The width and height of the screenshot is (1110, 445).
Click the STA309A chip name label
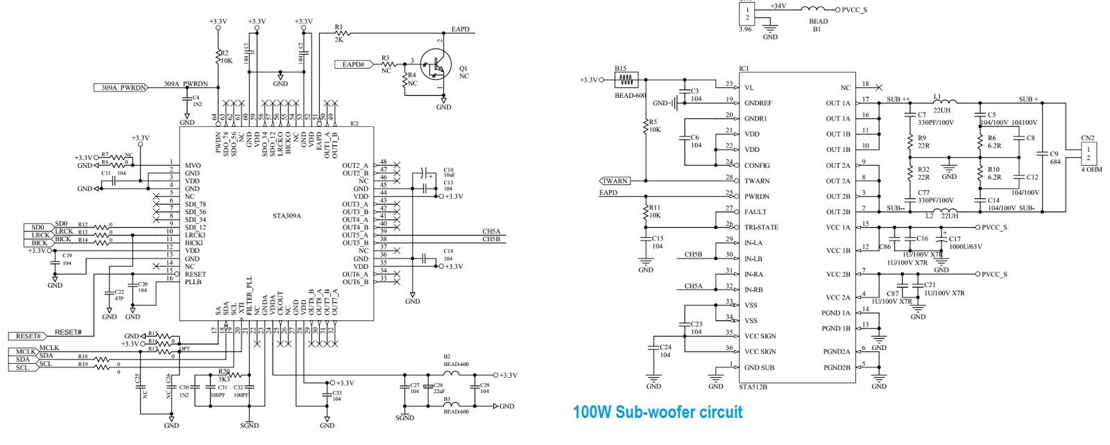[287, 216]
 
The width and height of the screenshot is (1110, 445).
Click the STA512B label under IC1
[753, 387]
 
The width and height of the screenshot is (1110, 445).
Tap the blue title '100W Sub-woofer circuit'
[657, 412]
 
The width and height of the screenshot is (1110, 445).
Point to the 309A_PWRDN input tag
[121, 87]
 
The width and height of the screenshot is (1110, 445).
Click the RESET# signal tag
[28, 336]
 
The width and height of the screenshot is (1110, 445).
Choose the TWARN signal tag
[615, 181]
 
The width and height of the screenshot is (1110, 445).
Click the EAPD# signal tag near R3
[354, 64]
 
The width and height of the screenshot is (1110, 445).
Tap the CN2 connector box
[1088, 154]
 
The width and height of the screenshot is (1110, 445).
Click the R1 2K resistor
[341, 33]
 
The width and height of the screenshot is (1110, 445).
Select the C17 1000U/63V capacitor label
[964, 243]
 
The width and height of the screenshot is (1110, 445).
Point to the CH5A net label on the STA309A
[490, 232]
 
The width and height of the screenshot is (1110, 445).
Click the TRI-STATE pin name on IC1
[761, 227]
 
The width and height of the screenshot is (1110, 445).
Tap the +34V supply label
[778, 6]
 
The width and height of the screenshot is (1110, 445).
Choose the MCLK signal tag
[26, 351]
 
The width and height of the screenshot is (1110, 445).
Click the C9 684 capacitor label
[1054, 157]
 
